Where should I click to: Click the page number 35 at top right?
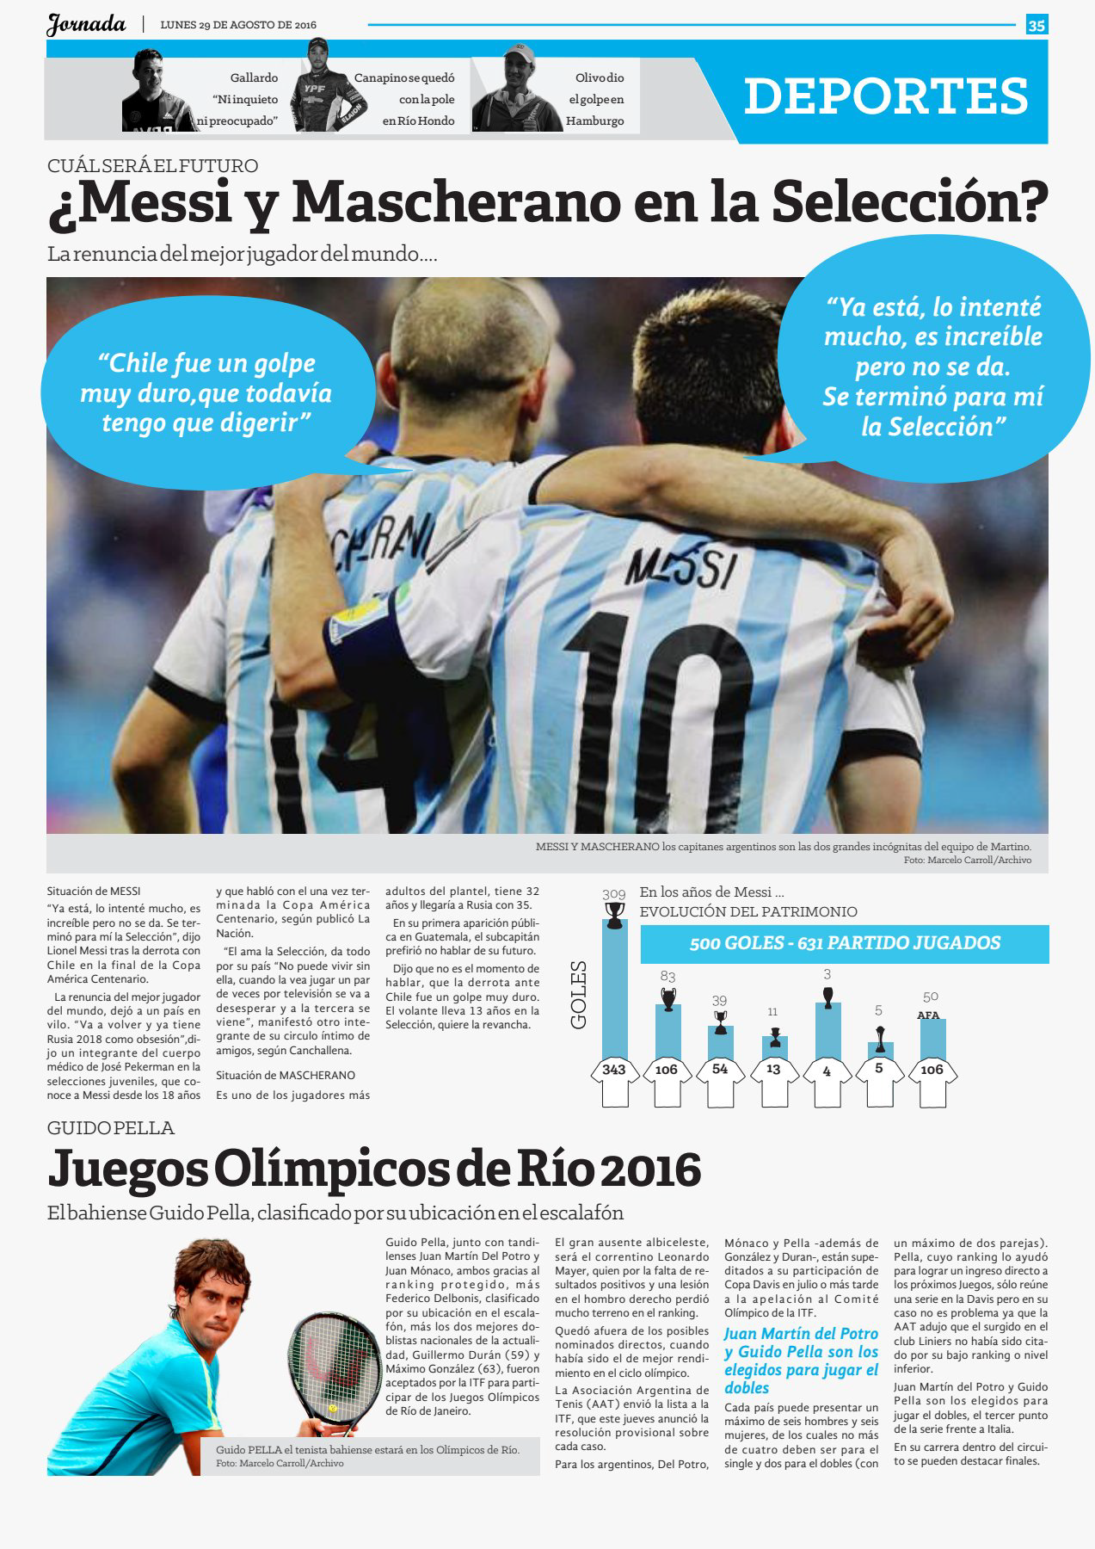coord(1037,26)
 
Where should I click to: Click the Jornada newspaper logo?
coord(86,25)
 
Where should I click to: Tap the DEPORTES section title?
coord(886,96)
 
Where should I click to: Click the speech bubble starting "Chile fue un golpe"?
coord(206,392)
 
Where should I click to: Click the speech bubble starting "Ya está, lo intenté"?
coord(932,367)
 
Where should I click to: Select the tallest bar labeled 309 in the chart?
coord(614,990)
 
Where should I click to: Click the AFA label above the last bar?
coord(928,1015)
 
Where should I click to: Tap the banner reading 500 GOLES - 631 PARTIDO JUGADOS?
coord(844,943)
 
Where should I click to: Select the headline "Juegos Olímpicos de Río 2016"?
coord(374,1168)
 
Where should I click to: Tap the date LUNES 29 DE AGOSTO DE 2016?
coord(238,25)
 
